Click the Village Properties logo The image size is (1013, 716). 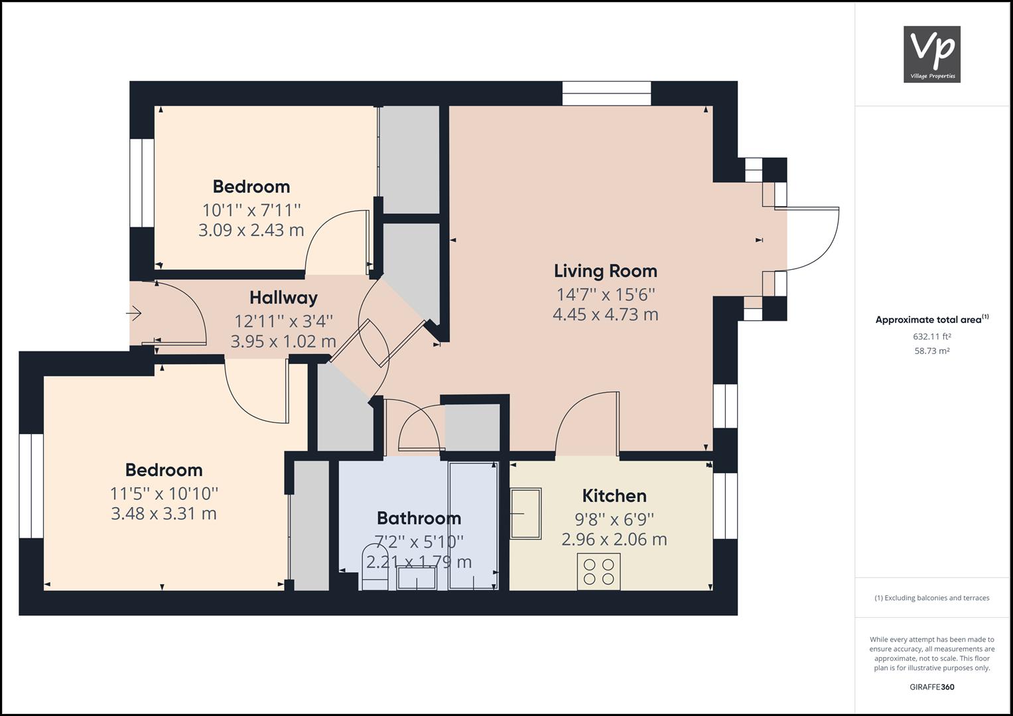[x=931, y=54]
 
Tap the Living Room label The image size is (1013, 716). [x=605, y=270]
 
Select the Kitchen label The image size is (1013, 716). [x=614, y=496]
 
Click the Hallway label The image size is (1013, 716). [x=283, y=298]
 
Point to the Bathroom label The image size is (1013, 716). [x=419, y=518]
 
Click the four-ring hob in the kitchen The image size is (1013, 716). [x=599, y=571]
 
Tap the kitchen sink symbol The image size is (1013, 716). [x=525, y=513]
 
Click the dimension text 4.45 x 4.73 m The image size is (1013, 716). [x=605, y=314]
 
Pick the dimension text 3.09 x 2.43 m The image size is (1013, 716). [x=251, y=231]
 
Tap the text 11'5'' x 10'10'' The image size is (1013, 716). [x=164, y=493]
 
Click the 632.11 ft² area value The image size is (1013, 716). [x=931, y=336]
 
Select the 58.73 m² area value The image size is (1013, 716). [x=931, y=351]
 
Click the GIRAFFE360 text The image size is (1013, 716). [x=931, y=687]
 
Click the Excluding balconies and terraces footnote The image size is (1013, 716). [x=931, y=598]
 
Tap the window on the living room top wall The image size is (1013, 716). [x=606, y=93]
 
